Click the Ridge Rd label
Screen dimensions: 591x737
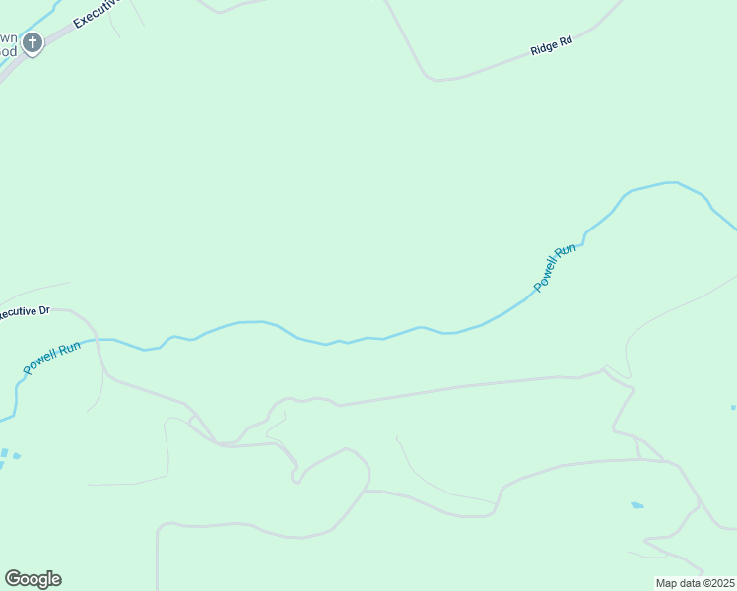pyautogui.click(x=551, y=46)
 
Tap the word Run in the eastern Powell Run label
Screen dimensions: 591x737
pyautogui.click(x=564, y=252)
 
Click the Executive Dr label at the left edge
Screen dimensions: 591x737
pyautogui.click(x=24, y=312)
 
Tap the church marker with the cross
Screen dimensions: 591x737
pyautogui.click(x=33, y=42)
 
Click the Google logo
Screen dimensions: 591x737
pyautogui.click(x=33, y=579)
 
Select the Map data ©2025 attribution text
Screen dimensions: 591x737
pyautogui.click(x=695, y=583)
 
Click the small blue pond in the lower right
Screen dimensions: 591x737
pyautogui.click(x=637, y=505)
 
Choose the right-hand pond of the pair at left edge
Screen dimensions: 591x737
pyautogui.click(x=15, y=455)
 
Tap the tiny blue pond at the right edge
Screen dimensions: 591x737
pyautogui.click(x=734, y=407)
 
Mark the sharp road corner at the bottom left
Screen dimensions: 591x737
pyautogui.click(x=160, y=529)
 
